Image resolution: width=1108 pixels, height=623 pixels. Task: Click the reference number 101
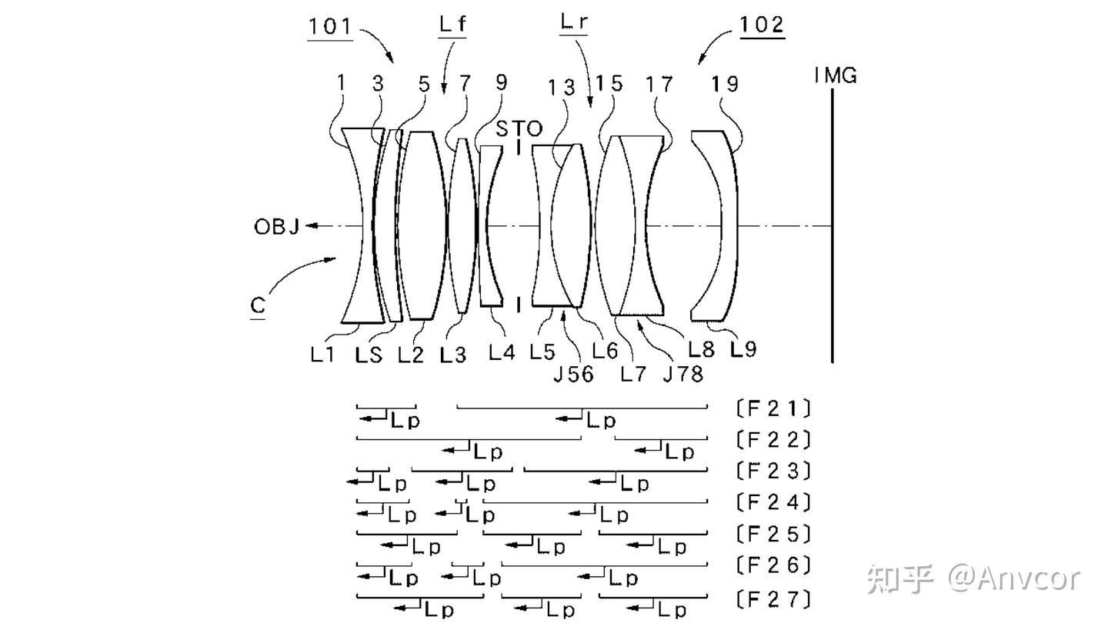pyautogui.click(x=330, y=26)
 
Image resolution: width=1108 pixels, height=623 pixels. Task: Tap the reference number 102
pyautogui.click(x=762, y=25)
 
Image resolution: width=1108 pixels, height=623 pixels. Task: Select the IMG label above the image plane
pyautogui.click(x=836, y=75)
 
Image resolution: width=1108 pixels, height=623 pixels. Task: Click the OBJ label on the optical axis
pyautogui.click(x=276, y=227)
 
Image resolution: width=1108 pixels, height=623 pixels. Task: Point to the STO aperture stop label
pyautogui.click(x=519, y=129)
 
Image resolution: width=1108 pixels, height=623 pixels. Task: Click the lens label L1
pyautogui.click(x=322, y=355)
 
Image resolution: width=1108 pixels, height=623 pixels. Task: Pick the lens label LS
pyautogui.click(x=369, y=355)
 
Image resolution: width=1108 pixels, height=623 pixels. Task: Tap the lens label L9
pyautogui.click(x=743, y=350)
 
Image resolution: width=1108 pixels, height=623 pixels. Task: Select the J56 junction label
pyautogui.click(x=574, y=375)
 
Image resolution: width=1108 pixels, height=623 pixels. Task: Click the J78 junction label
pyautogui.click(x=683, y=375)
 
